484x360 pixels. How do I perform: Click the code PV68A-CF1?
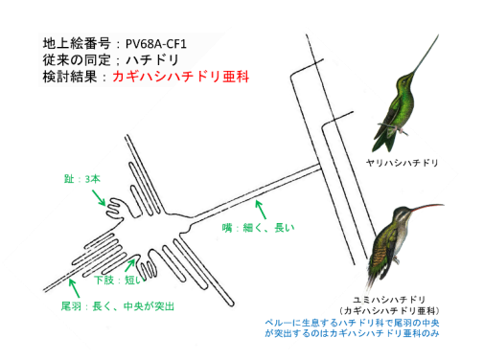(x=156, y=43)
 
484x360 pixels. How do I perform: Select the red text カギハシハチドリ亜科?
(x=181, y=77)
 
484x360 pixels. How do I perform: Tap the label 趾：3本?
(x=82, y=179)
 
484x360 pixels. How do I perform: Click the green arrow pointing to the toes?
(x=99, y=198)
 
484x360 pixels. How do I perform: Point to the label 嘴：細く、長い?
(x=258, y=228)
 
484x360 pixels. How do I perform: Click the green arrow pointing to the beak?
(x=261, y=210)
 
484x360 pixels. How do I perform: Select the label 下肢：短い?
(x=117, y=280)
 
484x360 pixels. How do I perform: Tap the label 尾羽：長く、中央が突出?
(x=118, y=306)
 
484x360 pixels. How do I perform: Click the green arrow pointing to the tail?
(x=74, y=288)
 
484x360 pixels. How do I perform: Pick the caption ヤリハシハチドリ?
(x=402, y=163)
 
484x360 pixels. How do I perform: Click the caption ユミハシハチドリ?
(x=389, y=300)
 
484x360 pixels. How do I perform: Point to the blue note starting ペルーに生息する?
(x=352, y=328)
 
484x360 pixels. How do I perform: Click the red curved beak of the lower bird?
(x=426, y=207)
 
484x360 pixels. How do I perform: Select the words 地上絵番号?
(x=77, y=43)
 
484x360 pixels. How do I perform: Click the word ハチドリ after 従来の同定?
(x=152, y=60)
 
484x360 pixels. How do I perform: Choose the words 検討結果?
(x=70, y=77)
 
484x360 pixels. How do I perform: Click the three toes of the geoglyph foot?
(x=114, y=208)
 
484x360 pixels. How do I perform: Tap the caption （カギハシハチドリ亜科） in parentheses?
(x=389, y=310)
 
